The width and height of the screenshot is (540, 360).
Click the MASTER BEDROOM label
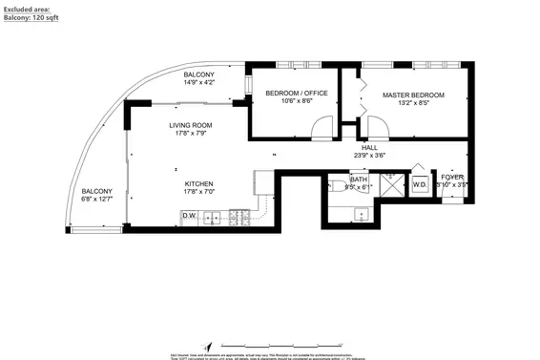[415, 95]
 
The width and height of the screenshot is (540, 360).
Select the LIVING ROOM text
[191, 125]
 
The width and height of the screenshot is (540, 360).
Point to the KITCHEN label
[198, 183]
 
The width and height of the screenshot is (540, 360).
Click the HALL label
[369, 146]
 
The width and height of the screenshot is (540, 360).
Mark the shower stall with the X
[390, 183]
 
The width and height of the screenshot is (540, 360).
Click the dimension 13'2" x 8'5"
[415, 105]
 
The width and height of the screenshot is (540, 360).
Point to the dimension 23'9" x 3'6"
[369, 155]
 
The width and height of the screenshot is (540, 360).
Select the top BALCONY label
[199, 74]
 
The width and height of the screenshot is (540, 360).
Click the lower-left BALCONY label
[96, 190]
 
